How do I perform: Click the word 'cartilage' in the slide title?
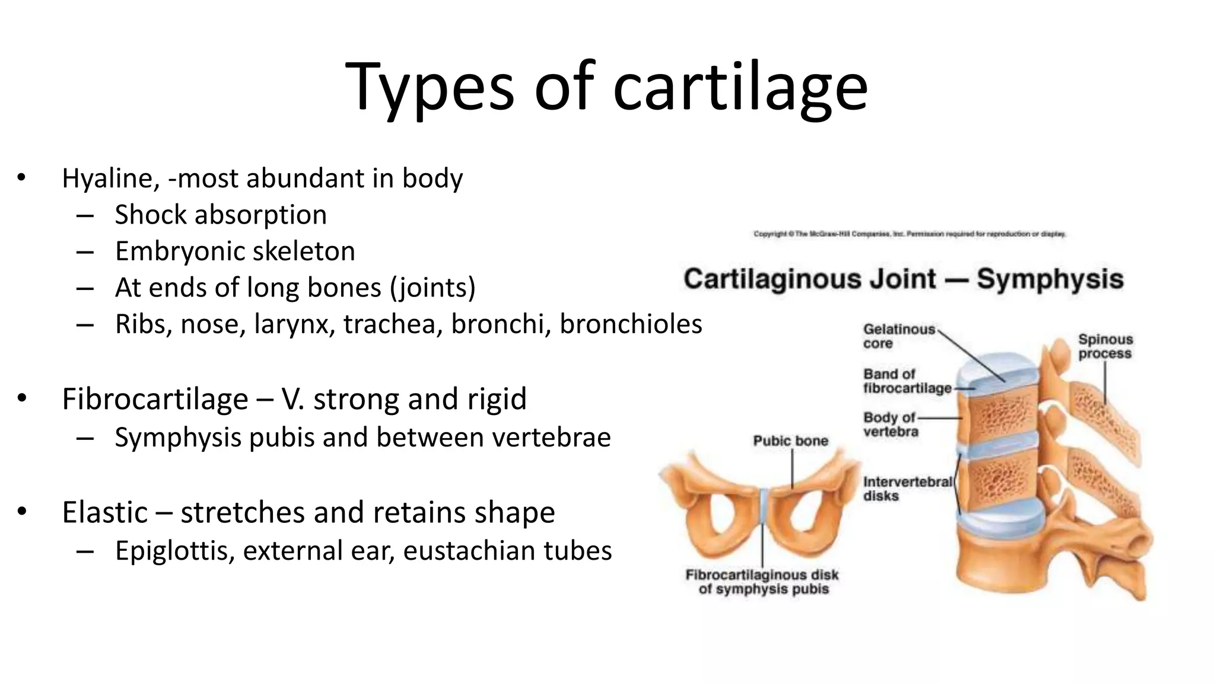point(740,88)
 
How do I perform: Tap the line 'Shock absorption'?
point(221,215)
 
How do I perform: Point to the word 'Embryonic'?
point(171,251)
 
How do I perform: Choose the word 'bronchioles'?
point(631,324)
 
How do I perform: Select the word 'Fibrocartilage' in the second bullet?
point(155,398)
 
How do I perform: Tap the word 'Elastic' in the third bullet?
point(104,512)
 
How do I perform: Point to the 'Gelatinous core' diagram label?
point(898,336)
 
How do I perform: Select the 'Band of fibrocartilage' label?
point(907,381)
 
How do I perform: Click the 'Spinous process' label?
point(1105,346)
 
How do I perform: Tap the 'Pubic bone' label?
point(790,441)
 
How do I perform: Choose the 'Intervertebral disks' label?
point(907,489)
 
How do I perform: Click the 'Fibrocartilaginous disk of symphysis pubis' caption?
point(762,582)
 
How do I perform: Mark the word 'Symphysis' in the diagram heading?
point(1049,279)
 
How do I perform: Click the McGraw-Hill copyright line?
point(909,234)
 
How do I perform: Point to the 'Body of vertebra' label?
point(890,425)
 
